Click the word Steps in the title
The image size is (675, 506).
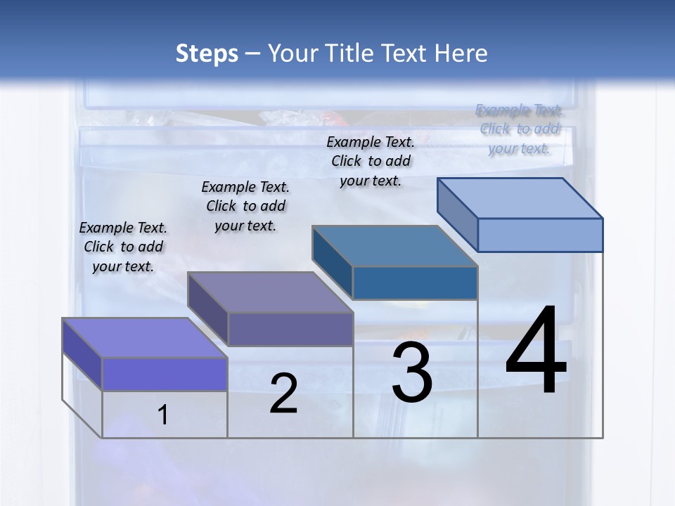pos(207,53)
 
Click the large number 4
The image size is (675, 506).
pos(536,352)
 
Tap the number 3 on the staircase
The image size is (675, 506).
pos(412,372)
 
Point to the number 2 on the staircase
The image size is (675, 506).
pos(283,394)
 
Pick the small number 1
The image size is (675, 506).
pos(163,415)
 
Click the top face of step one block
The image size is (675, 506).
pos(145,337)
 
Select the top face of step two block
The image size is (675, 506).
pos(270,292)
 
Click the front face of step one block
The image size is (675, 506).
pos(165,374)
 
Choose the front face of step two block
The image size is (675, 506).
pos(290,329)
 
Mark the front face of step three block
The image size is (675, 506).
pos(415,283)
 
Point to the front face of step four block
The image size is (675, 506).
pos(540,235)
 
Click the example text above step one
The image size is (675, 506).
pos(123,247)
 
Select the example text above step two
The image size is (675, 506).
pos(245,206)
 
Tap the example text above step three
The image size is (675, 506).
pos(371,161)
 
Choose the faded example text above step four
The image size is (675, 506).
pos(520,129)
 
